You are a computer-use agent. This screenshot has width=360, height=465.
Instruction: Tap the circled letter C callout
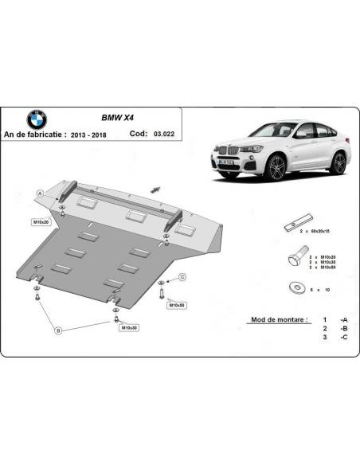pos(182,276)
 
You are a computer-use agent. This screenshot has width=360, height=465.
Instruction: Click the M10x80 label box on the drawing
pos(176,305)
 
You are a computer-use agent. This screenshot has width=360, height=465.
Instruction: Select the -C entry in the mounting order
pos(342,338)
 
